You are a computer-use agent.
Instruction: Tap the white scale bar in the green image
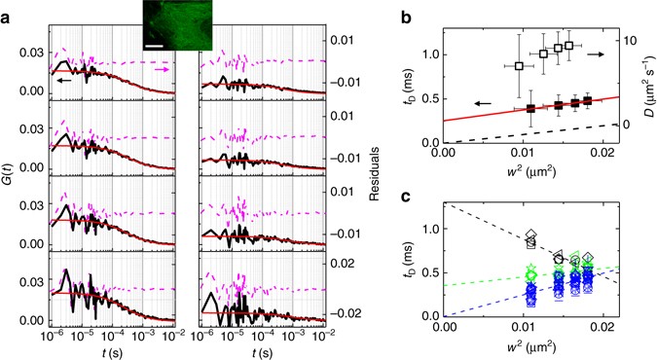coord(154,42)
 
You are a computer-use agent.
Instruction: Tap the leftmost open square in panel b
coord(519,66)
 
